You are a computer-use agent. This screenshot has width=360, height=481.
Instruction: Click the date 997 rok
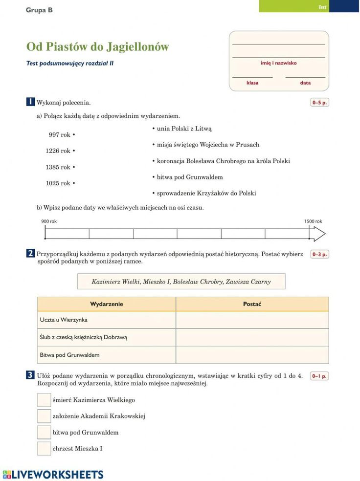(60, 135)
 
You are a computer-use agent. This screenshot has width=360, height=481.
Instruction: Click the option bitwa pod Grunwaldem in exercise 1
(190, 177)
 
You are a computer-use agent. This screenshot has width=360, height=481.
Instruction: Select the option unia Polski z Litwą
(184, 129)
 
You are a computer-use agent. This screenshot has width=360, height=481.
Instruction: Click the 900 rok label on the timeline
(49, 221)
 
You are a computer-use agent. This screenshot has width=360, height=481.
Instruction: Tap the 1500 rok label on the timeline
(313, 221)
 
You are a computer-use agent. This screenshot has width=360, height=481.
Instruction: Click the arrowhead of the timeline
(319, 234)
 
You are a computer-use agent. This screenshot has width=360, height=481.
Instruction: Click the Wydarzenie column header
(107, 304)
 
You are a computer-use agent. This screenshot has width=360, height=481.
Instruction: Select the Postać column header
(252, 304)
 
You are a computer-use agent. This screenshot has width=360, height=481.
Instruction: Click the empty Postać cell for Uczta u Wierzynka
(252, 320)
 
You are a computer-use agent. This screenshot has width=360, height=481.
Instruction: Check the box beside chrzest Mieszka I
(44, 449)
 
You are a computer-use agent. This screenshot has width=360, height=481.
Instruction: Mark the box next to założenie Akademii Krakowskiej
(44, 416)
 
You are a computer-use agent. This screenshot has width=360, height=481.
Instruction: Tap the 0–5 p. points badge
(319, 103)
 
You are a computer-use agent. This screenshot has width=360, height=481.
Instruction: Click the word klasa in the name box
(252, 83)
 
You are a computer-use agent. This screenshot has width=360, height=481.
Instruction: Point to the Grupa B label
(39, 10)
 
